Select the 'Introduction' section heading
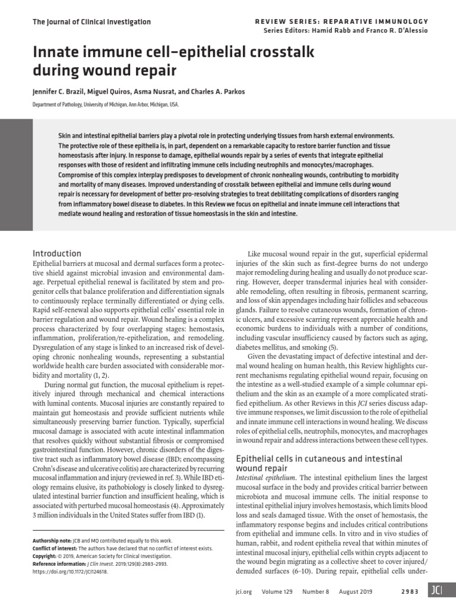57,254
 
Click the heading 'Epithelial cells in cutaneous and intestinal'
319,459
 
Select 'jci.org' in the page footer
244,592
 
